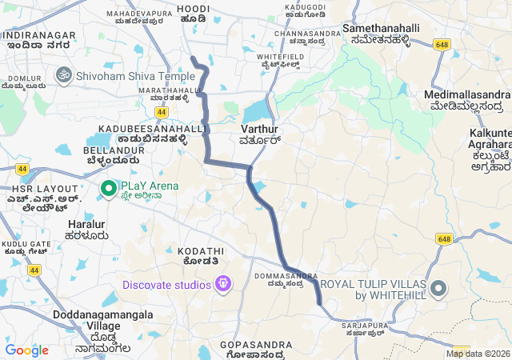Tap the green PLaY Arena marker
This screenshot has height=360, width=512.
[109, 187]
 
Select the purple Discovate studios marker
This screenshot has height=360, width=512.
[222, 284]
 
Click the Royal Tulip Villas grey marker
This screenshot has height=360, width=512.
[438, 288]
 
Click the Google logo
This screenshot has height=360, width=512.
[26, 350]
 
